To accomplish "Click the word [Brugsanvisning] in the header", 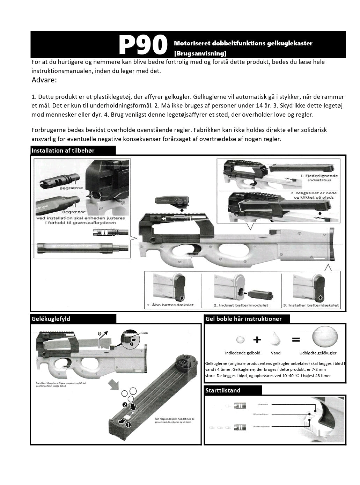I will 200,53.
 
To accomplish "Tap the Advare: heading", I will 44,80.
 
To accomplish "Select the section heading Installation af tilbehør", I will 63,150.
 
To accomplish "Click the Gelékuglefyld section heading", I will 51,318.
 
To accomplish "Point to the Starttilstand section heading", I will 223,390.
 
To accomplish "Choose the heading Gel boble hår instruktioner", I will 243,318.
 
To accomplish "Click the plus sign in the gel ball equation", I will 257,339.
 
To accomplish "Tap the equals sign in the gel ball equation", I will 296,339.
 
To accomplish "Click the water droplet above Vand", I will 275,339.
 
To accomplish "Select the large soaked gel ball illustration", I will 325,337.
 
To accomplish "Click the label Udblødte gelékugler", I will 318,353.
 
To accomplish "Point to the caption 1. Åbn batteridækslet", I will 170,305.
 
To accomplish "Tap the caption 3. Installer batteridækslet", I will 311,305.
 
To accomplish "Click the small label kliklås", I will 145,333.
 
